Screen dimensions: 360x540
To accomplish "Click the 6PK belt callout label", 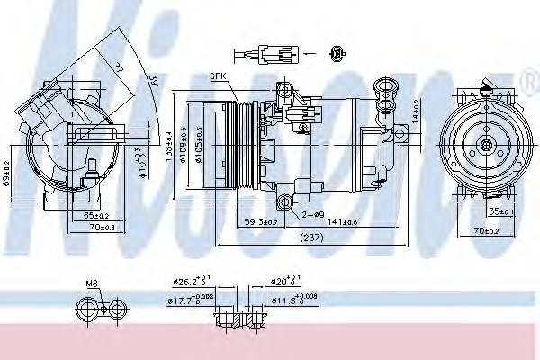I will (x=219, y=76).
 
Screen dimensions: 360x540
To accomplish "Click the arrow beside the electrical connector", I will (x=309, y=54).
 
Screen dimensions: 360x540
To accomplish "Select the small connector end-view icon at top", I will (x=338, y=54).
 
